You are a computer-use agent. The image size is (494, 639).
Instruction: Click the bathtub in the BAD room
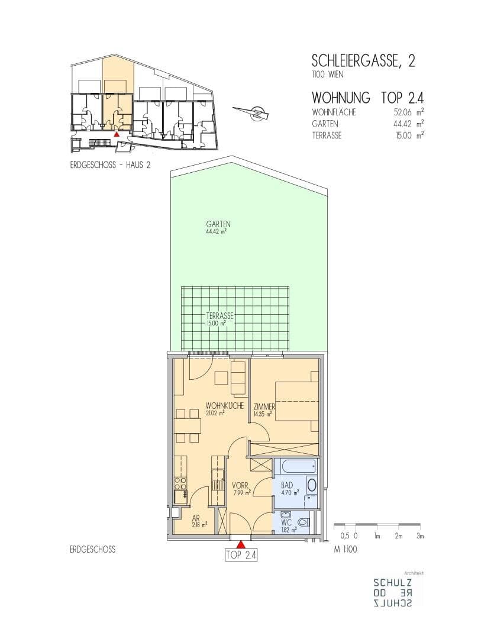click(x=295, y=467)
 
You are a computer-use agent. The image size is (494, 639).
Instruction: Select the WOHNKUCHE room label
click(x=225, y=406)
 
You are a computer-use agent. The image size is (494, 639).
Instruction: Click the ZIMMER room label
click(x=264, y=406)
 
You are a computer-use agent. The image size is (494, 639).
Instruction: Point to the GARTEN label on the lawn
click(x=218, y=224)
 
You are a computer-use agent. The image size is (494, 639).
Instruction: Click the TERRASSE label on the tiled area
click(x=219, y=316)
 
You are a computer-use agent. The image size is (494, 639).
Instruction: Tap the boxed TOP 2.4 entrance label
click(x=241, y=554)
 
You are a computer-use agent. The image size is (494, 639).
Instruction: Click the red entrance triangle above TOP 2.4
click(x=241, y=544)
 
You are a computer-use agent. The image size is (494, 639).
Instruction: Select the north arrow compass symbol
click(x=252, y=113)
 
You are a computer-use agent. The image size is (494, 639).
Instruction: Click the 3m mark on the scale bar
click(x=420, y=536)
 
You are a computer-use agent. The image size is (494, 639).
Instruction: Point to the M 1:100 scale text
click(x=346, y=549)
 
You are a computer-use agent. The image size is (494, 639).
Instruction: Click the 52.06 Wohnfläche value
click(x=403, y=112)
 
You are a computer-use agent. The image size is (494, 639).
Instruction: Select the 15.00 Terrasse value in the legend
click(x=404, y=135)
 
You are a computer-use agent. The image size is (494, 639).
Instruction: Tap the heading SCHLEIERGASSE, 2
click(x=363, y=61)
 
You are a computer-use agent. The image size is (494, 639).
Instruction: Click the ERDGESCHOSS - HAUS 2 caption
click(x=110, y=166)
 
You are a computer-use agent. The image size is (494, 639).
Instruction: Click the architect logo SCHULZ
click(x=392, y=583)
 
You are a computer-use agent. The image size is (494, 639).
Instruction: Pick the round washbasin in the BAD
click(x=312, y=485)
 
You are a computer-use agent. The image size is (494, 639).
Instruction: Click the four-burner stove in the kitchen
click(x=180, y=483)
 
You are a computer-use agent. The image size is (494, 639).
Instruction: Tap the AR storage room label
click(x=196, y=519)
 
